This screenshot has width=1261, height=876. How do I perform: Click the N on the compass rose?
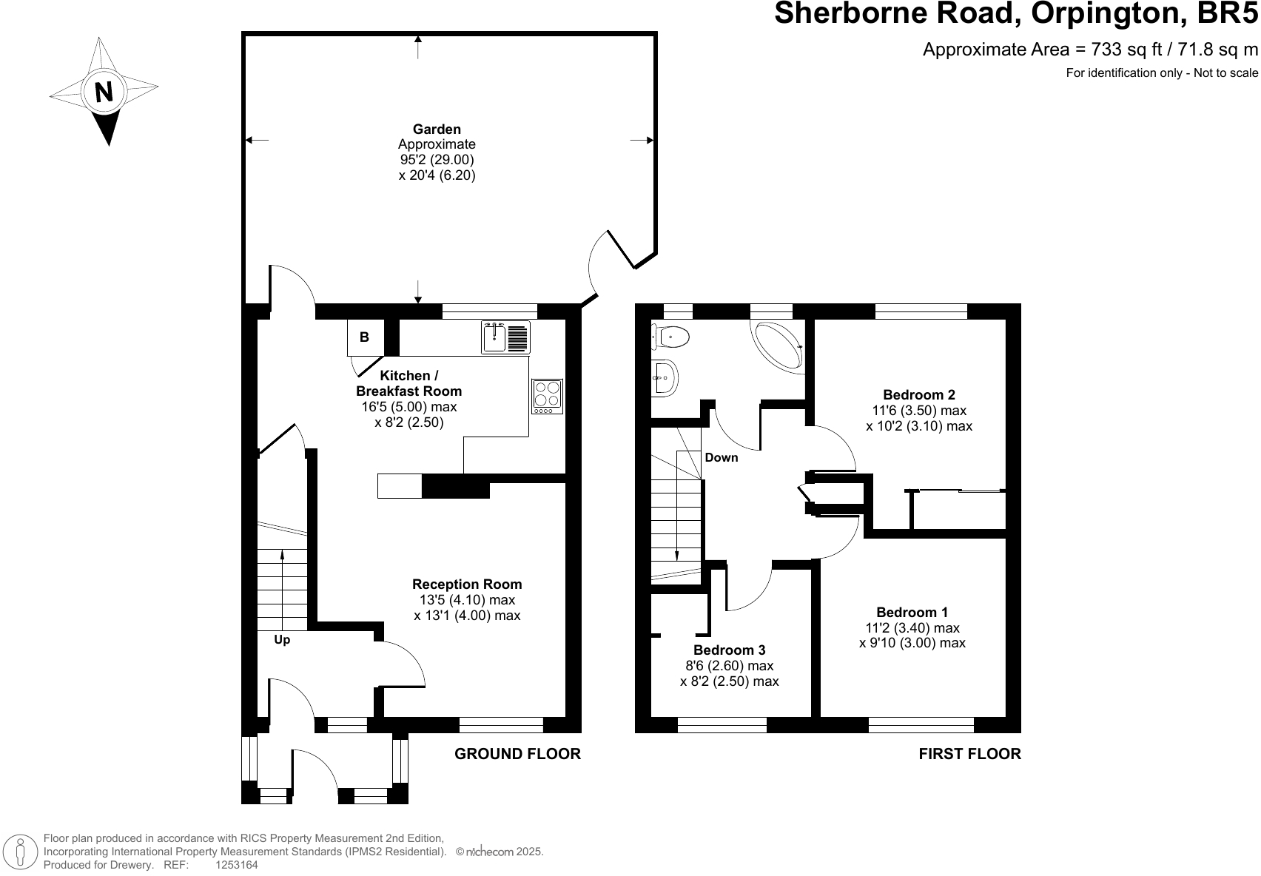[x=104, y=92]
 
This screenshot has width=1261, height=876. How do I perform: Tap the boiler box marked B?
[x=366, y=337]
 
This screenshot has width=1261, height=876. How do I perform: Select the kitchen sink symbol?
[x=505, y=337]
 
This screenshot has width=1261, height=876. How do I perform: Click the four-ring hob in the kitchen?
[x=547, y=397]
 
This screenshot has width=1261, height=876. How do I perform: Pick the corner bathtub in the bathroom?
[x=778, y=346]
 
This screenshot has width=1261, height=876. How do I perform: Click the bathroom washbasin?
[x=665, y=378]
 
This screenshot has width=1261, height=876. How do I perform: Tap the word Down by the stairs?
[x=721, y=458]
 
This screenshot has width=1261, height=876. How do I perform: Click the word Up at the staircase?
[x=282, y=640]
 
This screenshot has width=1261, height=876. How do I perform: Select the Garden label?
[x=437, y=129]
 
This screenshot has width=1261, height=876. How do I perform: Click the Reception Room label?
[x=467, y=584]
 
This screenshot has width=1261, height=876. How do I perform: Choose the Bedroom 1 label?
[x=912, y=612]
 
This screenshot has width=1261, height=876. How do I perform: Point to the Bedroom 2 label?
[x=918, y=394]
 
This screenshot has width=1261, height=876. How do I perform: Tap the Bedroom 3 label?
[x=730, y=650]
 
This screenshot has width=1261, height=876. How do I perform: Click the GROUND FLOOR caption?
[x=517, y=754]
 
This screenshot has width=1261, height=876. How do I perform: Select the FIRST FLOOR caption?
[x=970, y=754]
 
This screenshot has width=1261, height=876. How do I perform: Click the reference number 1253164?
[x=237, y=865]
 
